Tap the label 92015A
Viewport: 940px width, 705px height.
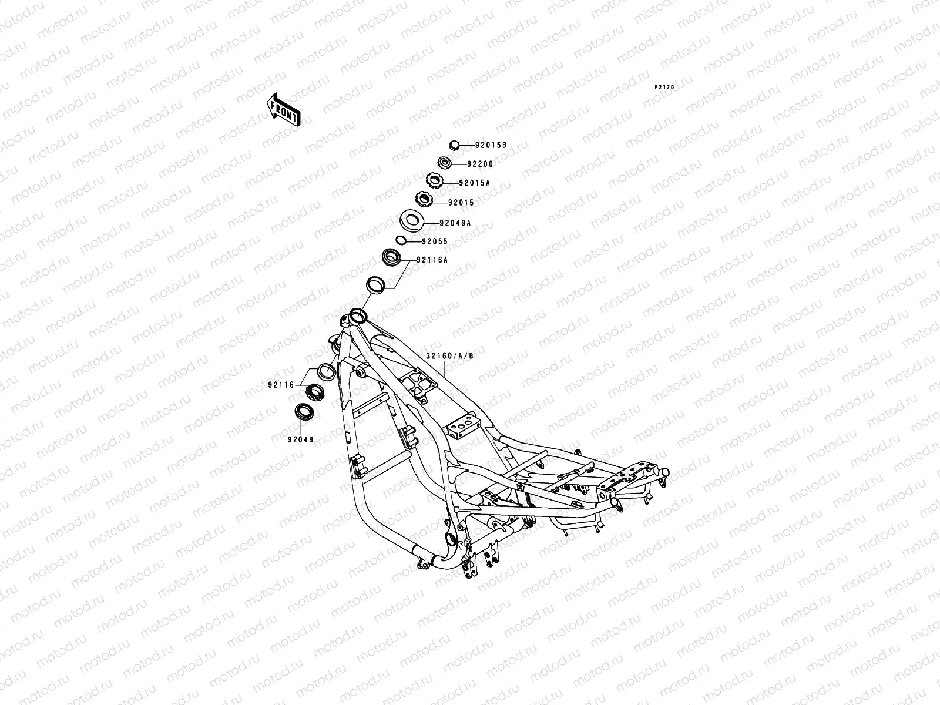coord(474,183)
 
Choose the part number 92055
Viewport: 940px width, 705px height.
coord(434,241)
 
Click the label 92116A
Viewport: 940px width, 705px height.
coord(432,260)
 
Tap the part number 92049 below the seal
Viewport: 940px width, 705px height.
coord(300,439)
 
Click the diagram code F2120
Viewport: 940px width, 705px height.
coord(665,88)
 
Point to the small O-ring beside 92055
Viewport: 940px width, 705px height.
coord(399,240)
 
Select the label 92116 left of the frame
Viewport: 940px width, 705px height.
coord(281,385)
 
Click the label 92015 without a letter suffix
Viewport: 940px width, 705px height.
coord(461,203)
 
